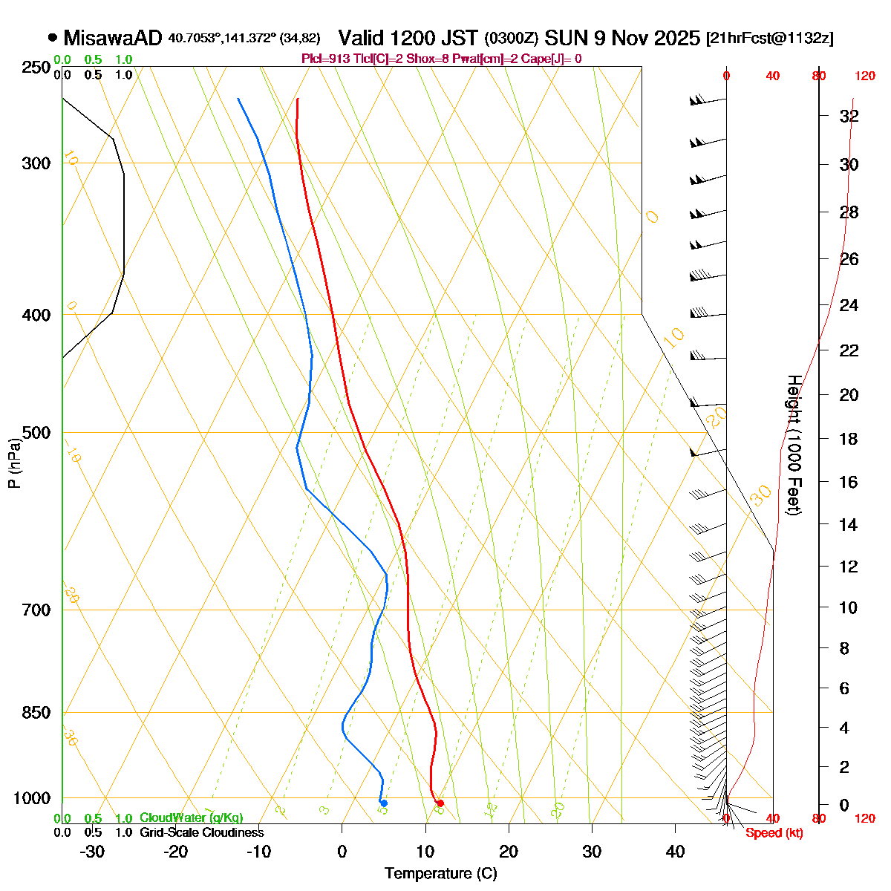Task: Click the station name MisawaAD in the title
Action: click(114, 38)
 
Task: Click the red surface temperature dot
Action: click(440, 803)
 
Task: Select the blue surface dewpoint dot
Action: click(383, 803)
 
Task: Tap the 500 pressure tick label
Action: click(36, 433)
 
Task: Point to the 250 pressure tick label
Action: click(36, 68)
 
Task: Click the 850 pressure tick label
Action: click(36, 713)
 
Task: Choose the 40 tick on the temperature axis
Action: click(675, 852)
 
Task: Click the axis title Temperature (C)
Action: click(440, 873)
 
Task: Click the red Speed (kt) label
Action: click(774, 833)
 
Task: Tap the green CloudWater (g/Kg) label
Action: click(191, 817)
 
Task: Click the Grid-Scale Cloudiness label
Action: click(201, 832)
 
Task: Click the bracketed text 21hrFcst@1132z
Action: click(769, 39)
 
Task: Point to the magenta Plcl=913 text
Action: click(325, 59)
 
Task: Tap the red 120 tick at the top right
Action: click(864, 76)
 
